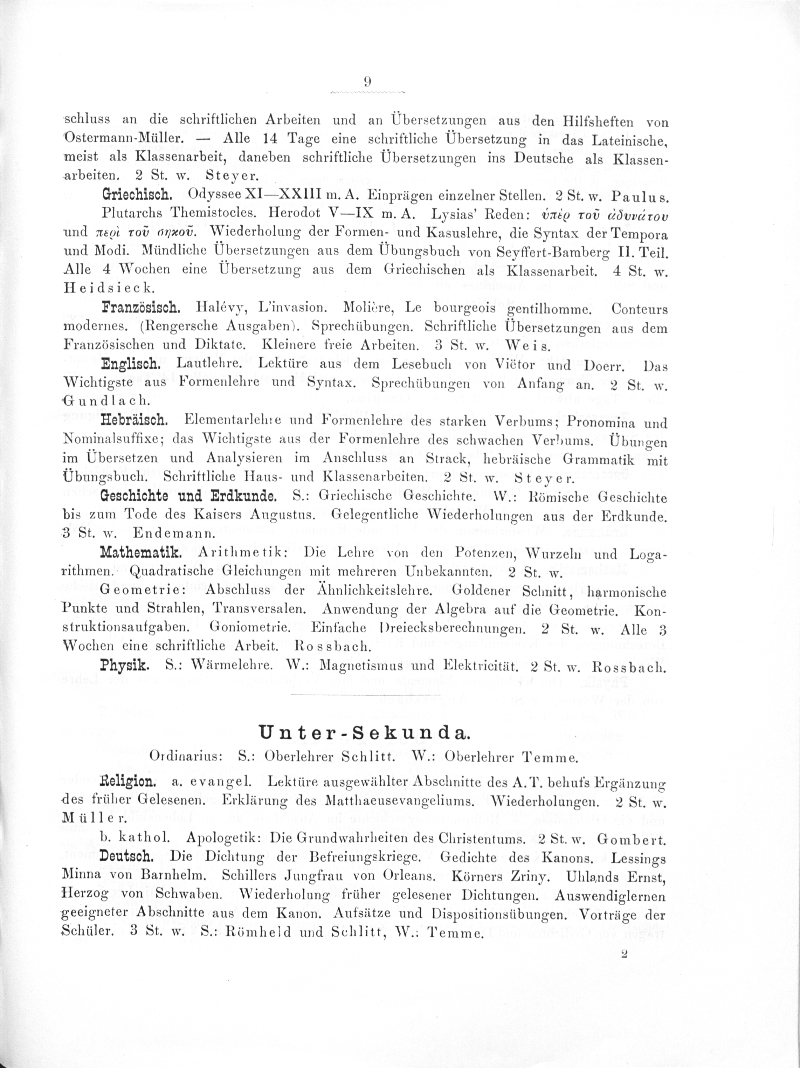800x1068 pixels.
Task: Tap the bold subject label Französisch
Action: [x=135, y=308]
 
